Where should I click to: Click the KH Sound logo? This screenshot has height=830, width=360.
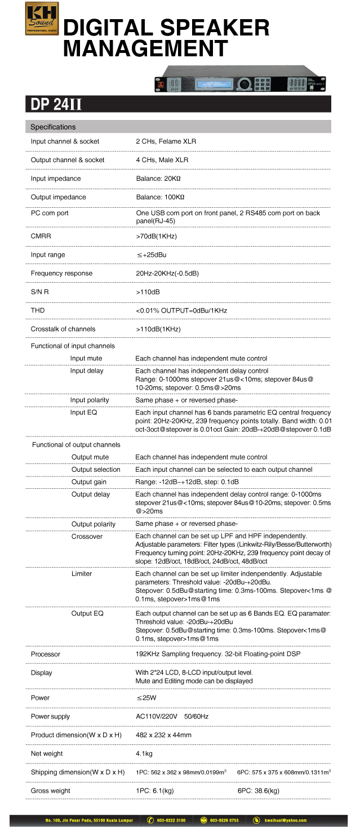pyautogui.click(x=42, y=19)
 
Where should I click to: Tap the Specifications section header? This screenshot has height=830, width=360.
pyautogui.click(x=53, y=127)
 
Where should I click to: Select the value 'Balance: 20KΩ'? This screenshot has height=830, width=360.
pyautogui.click(x=158, y=179)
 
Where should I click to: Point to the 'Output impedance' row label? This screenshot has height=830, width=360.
pyautogui.click(x=59, y=197)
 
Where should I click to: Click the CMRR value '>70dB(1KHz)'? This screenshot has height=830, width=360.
pyautogui.click(x=157, y=236)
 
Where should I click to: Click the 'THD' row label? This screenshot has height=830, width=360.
pyautogui.click(x=38, y=310)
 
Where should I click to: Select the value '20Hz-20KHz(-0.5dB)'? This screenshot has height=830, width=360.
pyautogui.click(x=167, y=273)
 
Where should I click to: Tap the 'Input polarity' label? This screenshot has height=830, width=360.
pyautogui.click(x=90, y=400)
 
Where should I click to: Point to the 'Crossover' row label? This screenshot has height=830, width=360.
pyautogui.click(x=87, y=537)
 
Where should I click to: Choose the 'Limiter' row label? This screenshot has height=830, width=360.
pyautogui.click(x=82, y=573)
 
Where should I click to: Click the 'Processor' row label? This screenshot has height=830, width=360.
pyautogui.click(x=46, y=654)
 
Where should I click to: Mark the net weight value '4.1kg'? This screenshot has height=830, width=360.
pyautogui.click(x=144, y=753)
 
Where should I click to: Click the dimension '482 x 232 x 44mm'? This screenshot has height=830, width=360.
pyautogui.click(x=164, y=735)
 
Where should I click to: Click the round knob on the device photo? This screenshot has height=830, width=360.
pyautogui.click(x=243, y=84)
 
